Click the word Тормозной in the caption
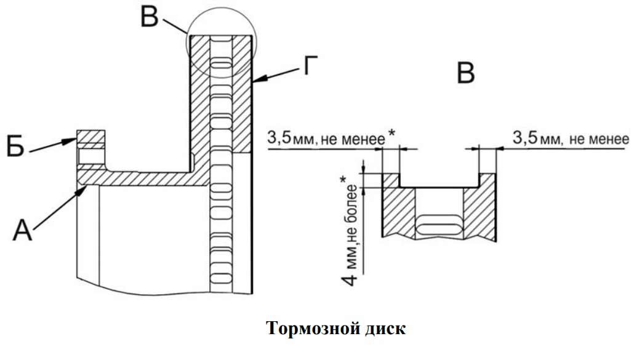(x=310, y=328)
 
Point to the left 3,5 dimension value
(x=279, y=138)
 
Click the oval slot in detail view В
(x=439, y=223)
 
